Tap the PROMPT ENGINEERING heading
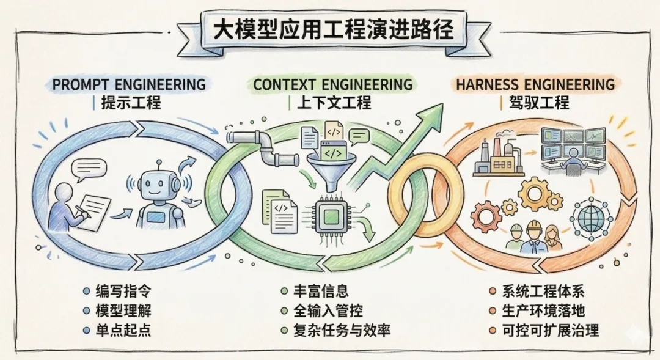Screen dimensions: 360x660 pyautogui.click(x=129, y=84)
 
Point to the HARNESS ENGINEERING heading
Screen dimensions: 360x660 pyautogui.click(x=535, y=84)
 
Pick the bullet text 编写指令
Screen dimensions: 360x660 pyautogui.click(x=124, y=292)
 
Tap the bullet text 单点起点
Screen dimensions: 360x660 pyautogui.click(x=124, y=331)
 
